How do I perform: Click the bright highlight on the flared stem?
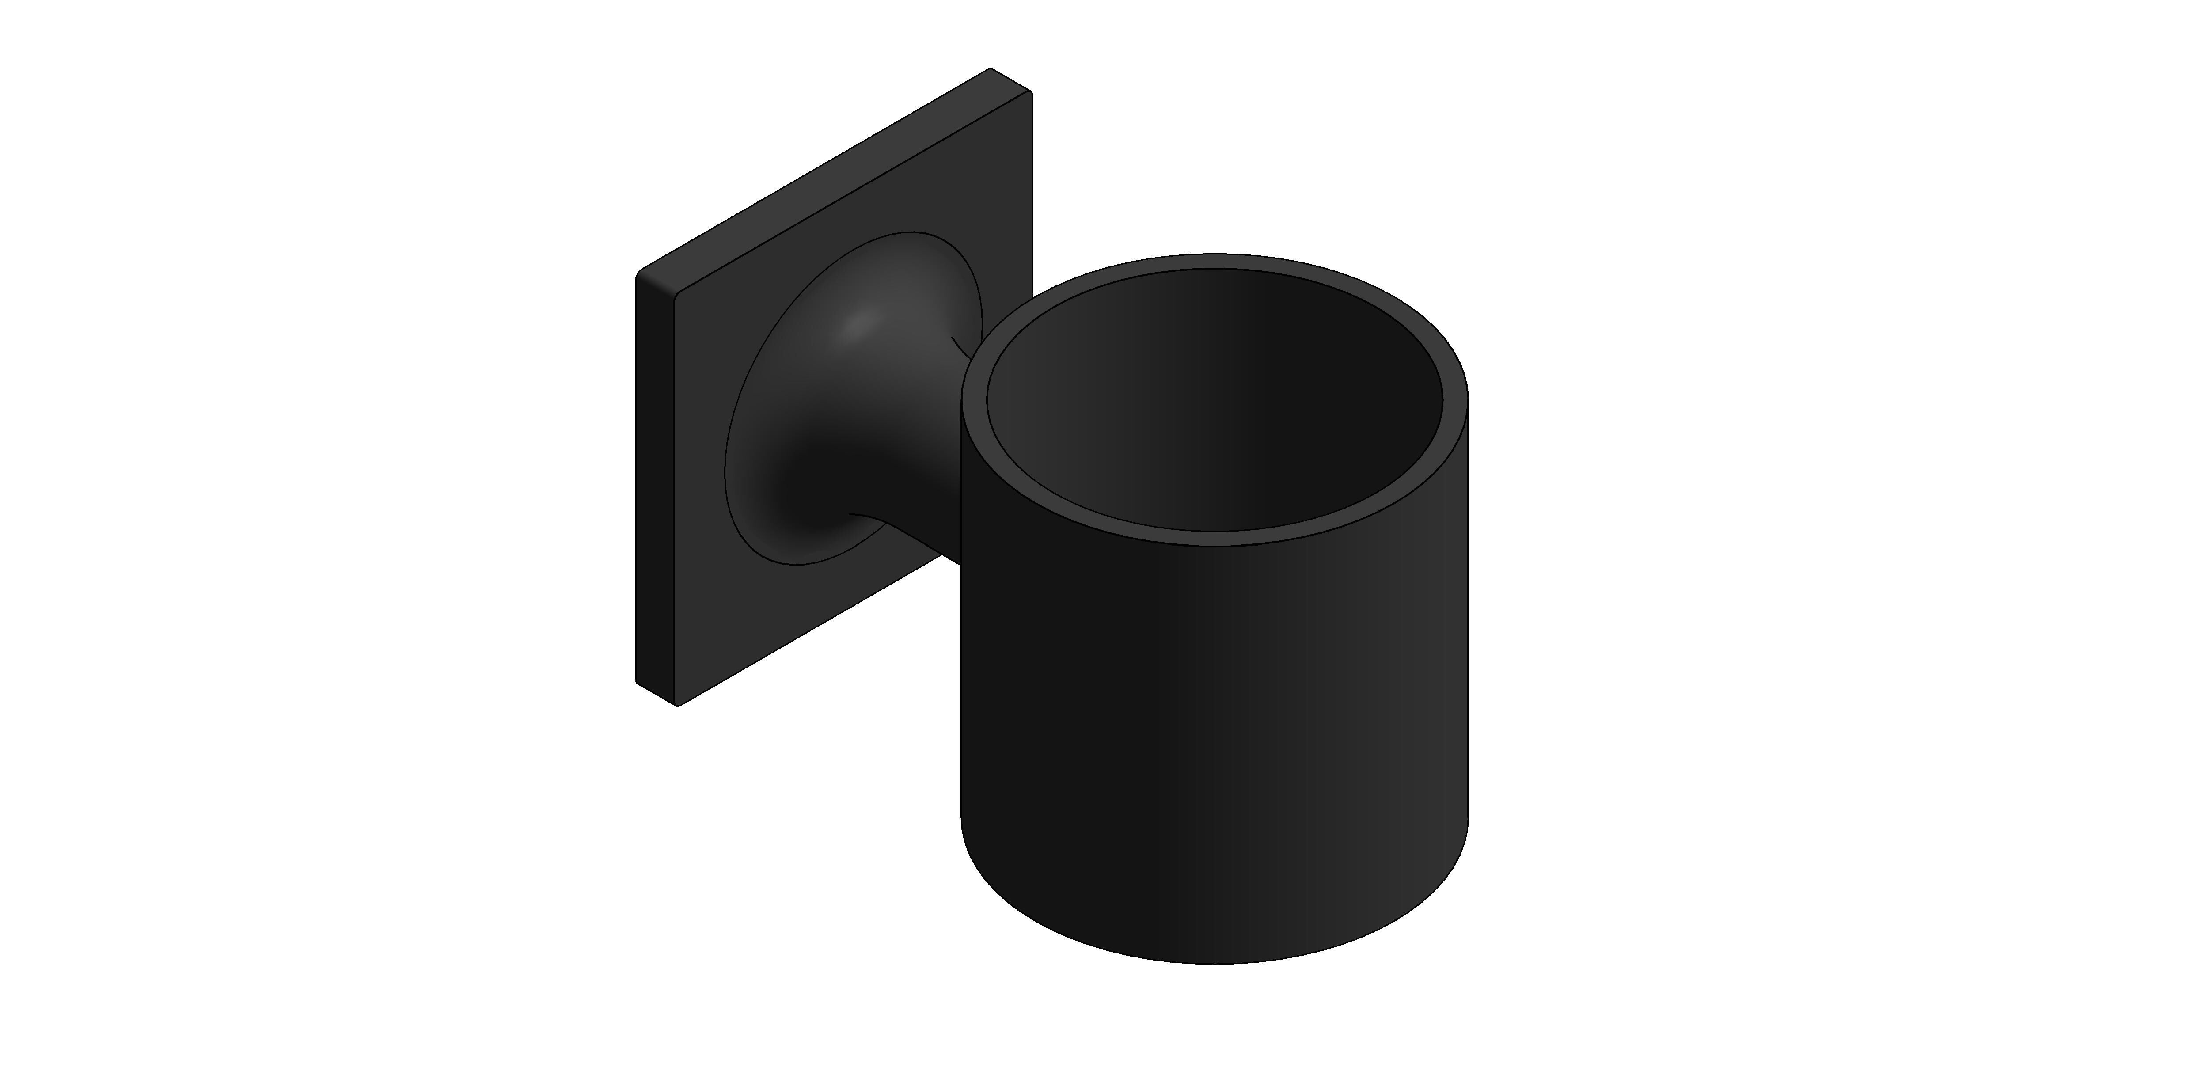coord(858,324)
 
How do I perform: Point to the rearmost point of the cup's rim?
coord(1214,254)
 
